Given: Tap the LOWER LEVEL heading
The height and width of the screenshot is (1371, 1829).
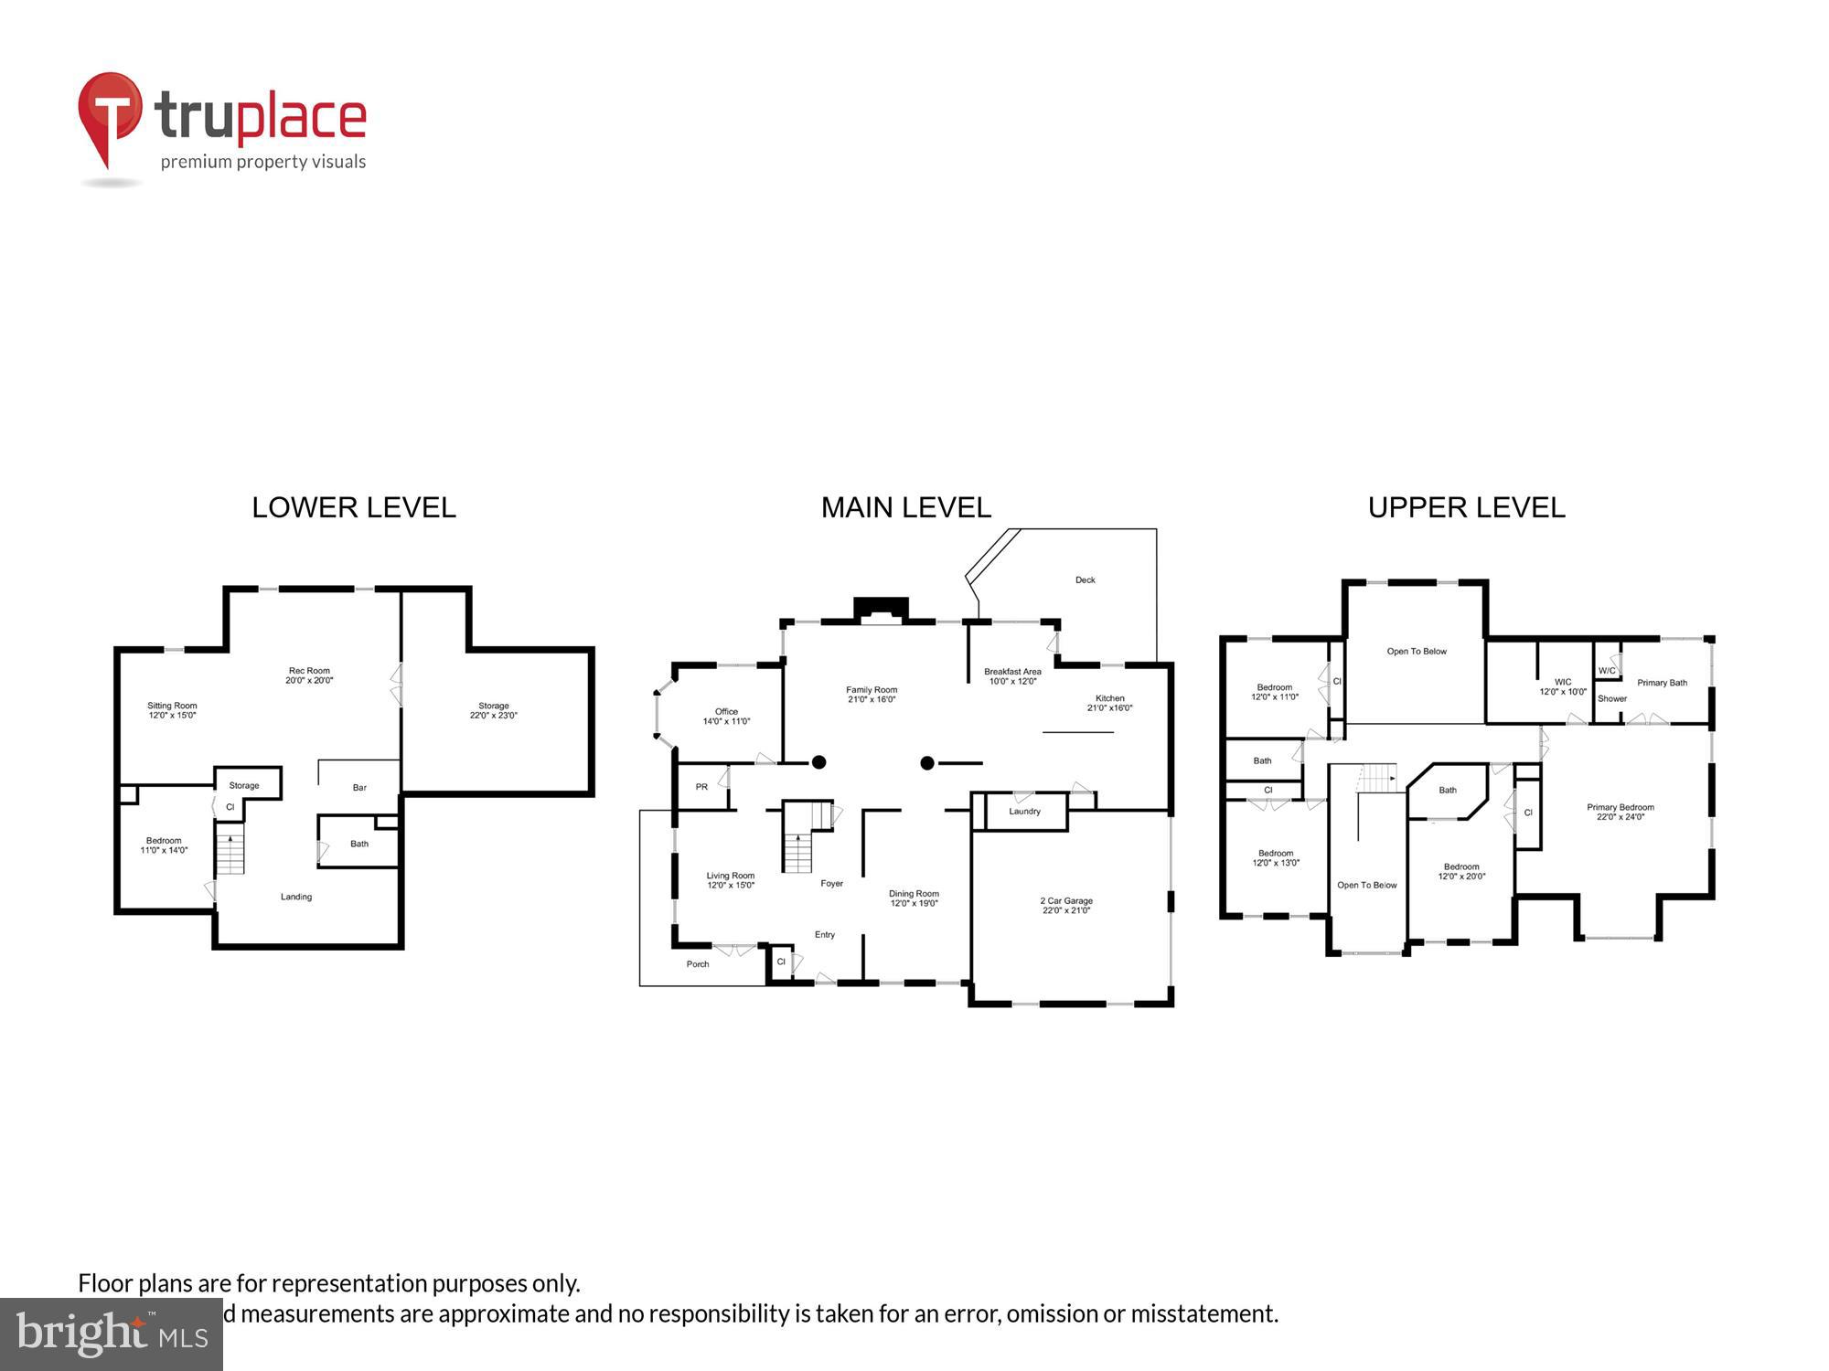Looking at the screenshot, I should tap(354, 508).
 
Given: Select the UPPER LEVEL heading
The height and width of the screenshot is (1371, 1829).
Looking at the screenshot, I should tap(1466, 508).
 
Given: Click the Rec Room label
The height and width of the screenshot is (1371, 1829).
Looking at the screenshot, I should tap(309, 671).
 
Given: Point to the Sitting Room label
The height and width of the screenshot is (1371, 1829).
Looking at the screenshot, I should tap(172, 706).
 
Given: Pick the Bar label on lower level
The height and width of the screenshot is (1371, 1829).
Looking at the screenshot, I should tap(359, 788).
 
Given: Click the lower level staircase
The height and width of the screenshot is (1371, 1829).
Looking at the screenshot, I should tap(230, 850).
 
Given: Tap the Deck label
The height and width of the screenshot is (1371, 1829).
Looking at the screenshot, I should tap(1085, 580).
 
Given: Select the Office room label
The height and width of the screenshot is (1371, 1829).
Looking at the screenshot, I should tap(726, 712).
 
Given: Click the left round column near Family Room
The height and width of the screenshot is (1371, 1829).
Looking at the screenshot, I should tap(819, 762).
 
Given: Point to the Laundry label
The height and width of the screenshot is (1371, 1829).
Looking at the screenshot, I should tap(1024, 812).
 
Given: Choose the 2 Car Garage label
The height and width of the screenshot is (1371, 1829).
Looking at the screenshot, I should tap(1066, 901).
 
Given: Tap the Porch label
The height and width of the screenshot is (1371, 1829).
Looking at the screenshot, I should tap(698, 964).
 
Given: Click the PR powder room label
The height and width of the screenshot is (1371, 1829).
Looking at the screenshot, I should tap(701, 787).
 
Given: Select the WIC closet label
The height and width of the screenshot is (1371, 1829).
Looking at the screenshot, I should tap(1563, 682).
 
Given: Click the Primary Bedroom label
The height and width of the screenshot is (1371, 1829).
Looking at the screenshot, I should tap(1620, 807).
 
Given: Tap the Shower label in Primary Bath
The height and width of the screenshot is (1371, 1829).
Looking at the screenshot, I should tap(1611, 699).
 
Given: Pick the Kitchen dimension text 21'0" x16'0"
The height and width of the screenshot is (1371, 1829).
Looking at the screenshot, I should tap(1109, 708).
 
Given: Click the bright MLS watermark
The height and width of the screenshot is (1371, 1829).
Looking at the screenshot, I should tap(112, 1335).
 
